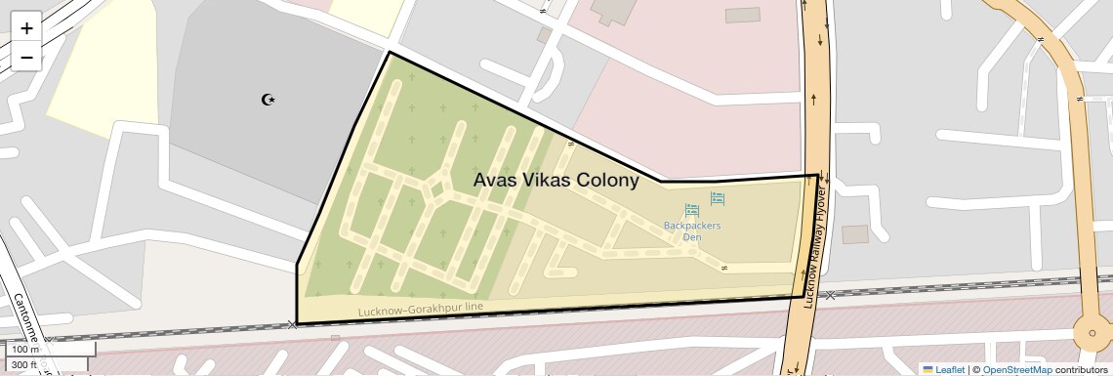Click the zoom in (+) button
(x=26, y=27)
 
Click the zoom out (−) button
(x=26, y=58)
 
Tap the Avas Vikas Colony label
(x=556, y=181)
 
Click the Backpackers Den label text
(x=692, y=230)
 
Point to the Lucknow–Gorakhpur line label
(x=421, y=309)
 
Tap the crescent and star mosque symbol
(x=268, y=99)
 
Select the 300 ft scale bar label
(x=25, y=364)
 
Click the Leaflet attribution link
(x=950, y=369)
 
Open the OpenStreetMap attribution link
(x=1016, y=369)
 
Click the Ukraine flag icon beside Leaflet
(x=927, y=369)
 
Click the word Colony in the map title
(x=606, y=181)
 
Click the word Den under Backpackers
(x=692, y=237)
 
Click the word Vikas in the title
(x=546, y=181)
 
